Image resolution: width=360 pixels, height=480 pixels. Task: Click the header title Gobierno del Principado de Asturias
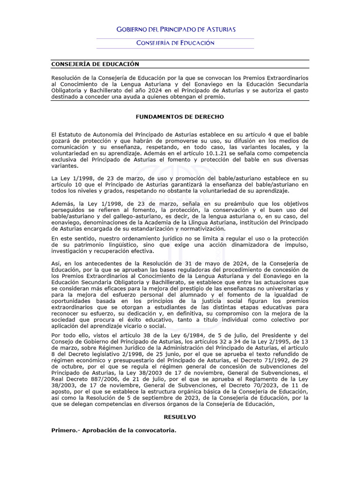coord(176,29)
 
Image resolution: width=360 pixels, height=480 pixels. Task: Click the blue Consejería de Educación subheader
coord(175,43)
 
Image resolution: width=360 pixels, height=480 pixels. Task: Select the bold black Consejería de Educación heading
coord(95,64)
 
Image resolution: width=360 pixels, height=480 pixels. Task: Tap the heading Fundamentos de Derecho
coord(180,116)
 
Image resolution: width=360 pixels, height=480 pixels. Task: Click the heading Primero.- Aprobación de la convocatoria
coord(113,430)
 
